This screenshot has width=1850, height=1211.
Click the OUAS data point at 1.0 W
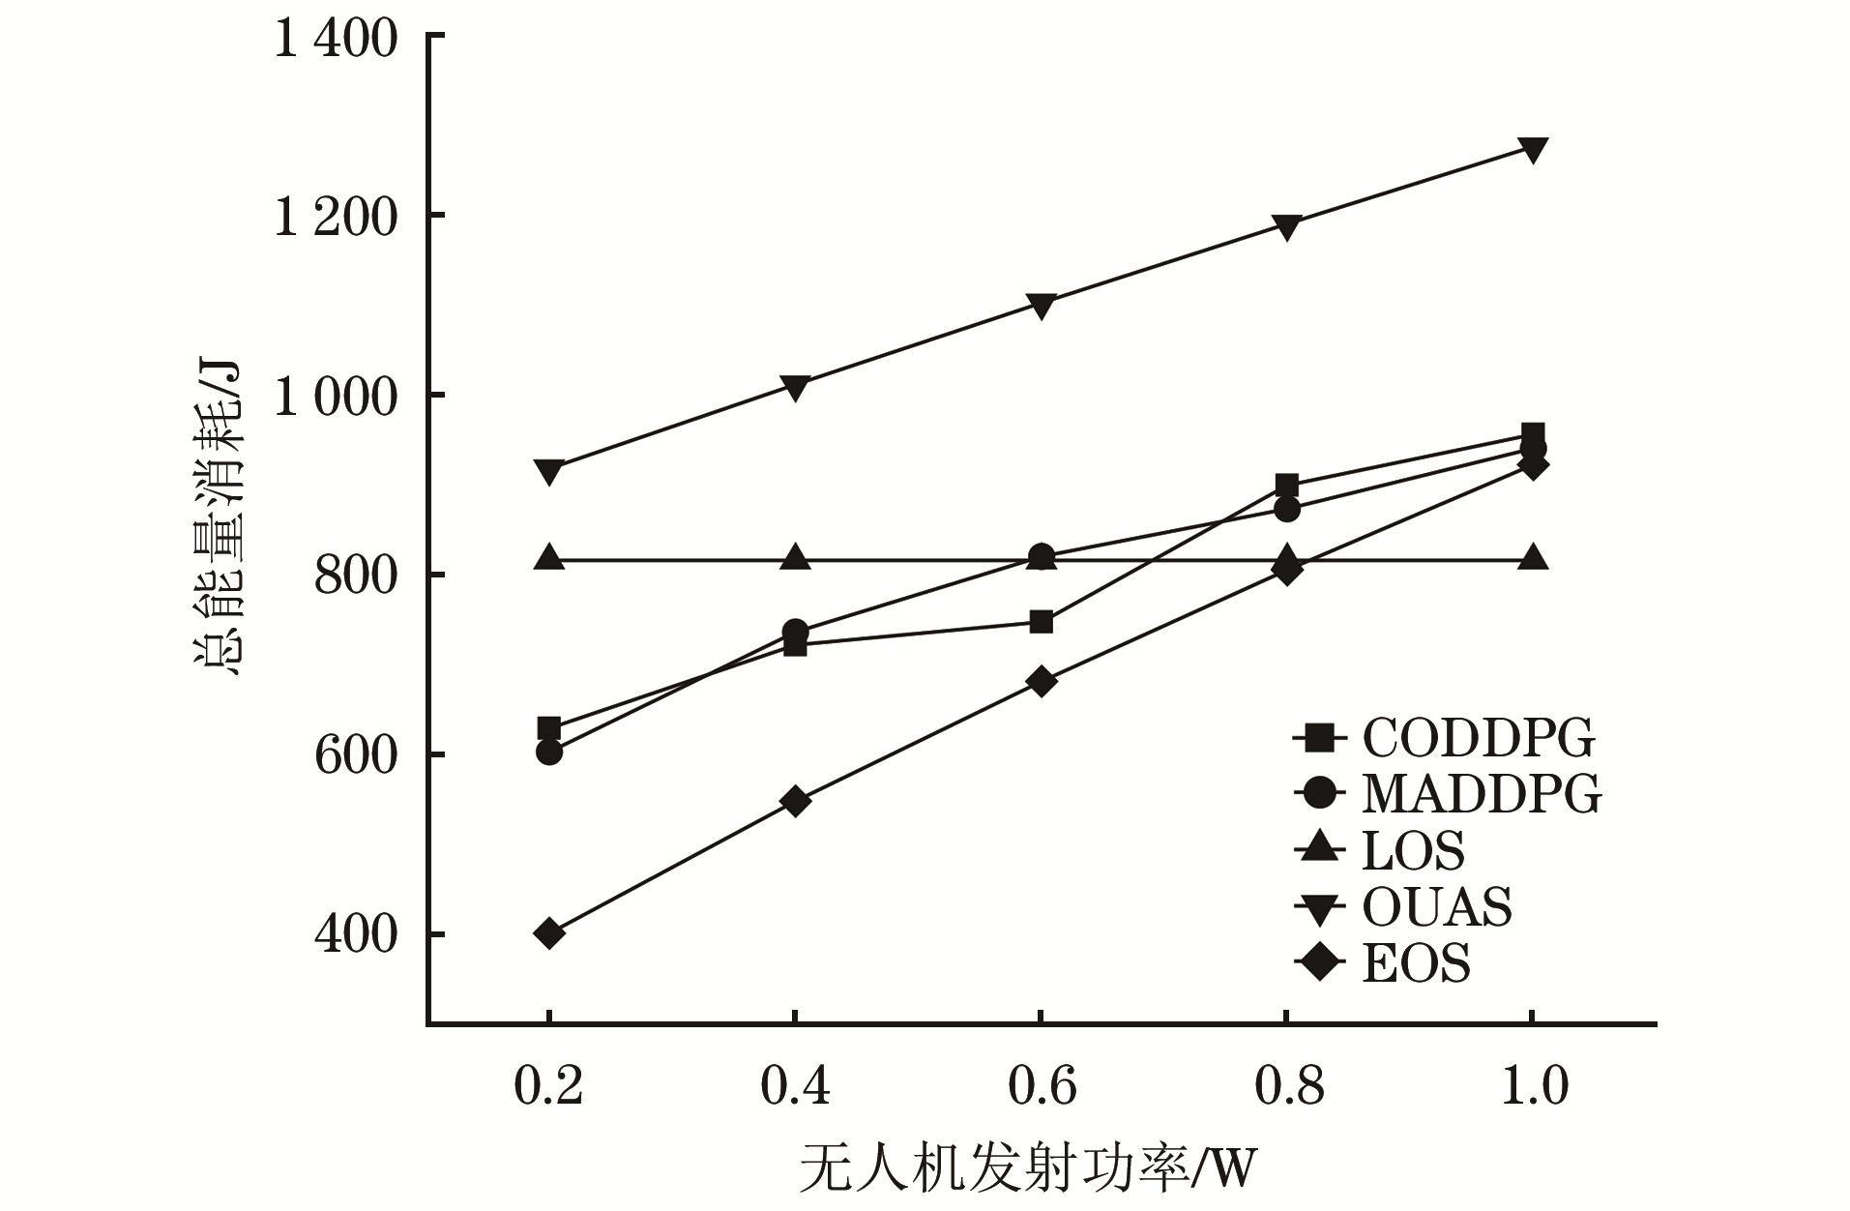1532,150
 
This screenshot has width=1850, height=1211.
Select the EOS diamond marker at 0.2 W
549,933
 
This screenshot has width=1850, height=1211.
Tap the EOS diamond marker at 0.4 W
795,801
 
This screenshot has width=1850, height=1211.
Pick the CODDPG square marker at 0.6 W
1041,621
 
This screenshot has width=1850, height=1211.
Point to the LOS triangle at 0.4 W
795,558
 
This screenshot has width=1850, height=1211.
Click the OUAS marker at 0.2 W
549,472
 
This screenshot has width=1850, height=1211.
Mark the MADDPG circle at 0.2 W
549,752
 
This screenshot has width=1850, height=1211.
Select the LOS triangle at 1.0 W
1532,558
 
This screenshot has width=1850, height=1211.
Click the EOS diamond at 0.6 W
1041,681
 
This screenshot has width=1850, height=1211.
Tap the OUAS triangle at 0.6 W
1041,307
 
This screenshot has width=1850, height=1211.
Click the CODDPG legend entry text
1479,739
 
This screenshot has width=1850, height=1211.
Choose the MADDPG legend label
1482,794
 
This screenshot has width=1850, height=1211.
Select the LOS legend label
1413,851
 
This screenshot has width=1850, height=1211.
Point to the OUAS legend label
1437,907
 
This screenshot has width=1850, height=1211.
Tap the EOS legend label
1416,963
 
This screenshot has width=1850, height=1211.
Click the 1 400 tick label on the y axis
336,41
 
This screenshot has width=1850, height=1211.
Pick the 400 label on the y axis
355,935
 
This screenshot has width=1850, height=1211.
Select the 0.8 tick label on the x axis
1288,1085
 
